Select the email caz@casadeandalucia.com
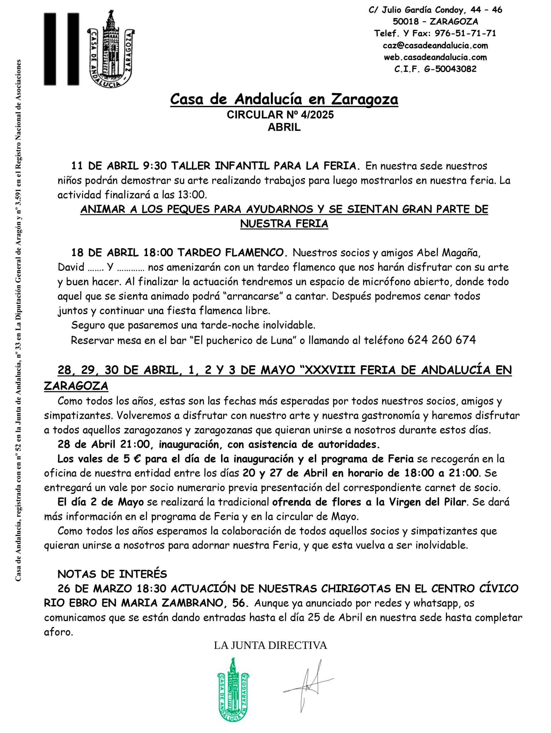click(435, 45)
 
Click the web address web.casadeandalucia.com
click(435, 57)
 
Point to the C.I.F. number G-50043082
click(450, 69)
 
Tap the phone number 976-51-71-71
click(465, 33)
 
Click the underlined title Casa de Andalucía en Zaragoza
click(284, 99)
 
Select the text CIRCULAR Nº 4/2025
click(280, 115)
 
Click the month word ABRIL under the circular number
click(284, 127)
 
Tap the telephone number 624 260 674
click(441, 340)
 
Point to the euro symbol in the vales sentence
click(137, 459)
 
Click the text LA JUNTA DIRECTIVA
click(270, 645)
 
